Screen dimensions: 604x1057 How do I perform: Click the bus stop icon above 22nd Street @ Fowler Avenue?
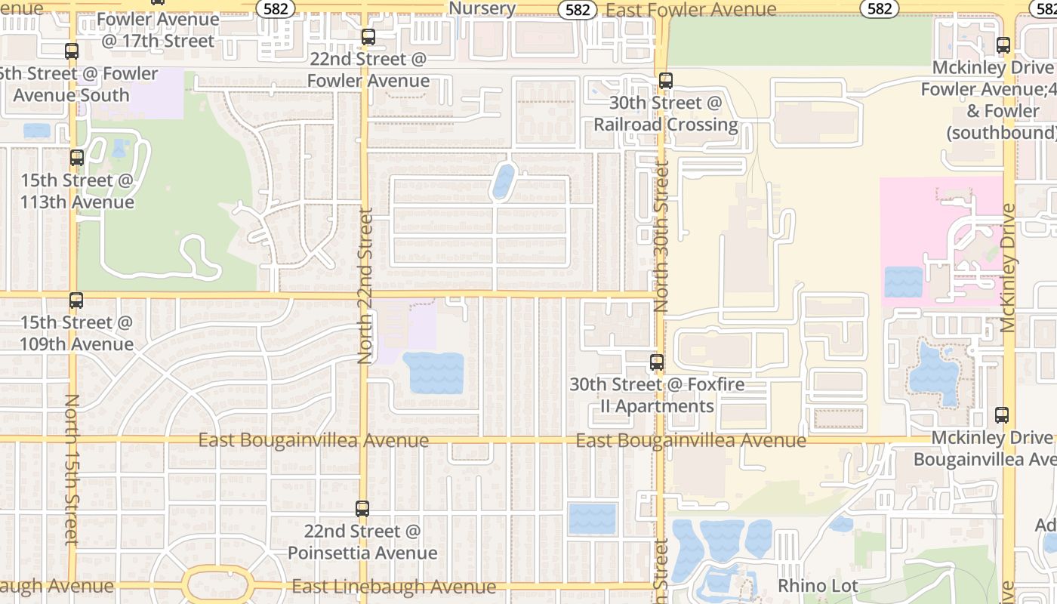[x=368, y=36]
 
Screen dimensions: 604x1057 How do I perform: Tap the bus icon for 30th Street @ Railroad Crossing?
[x=665, y=81]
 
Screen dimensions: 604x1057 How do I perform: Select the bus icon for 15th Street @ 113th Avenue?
[x=76, y=158]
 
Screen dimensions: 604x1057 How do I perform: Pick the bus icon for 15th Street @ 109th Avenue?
[x=76, y=300]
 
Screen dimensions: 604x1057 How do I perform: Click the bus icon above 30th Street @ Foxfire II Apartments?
[x=657, y=362]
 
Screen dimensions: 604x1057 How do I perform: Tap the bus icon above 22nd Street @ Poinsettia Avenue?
[x=362, y=509]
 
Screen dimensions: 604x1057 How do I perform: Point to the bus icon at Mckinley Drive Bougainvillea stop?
[x=1001, y=415]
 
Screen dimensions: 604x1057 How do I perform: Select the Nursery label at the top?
[x=482, y=8]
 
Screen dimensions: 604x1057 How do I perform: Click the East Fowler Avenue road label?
[x=691, y=10]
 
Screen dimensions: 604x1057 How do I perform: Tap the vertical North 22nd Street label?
[x=365, y=287]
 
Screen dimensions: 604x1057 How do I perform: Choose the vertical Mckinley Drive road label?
[x=1009, y=268]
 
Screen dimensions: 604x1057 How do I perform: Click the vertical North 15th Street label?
[x=72, y=468]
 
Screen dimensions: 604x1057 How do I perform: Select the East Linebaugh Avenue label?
[x=393, y=586]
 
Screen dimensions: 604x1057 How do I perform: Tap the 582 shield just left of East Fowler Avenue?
[x=578, y=9]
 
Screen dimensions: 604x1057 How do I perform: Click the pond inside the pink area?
[x=903, y=282]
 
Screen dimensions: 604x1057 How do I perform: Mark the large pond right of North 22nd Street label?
[x=433, y=373]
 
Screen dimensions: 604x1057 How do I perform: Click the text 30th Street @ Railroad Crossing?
[x=665, y=113]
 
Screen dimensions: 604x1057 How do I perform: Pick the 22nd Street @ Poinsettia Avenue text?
[x=362, y=542]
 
